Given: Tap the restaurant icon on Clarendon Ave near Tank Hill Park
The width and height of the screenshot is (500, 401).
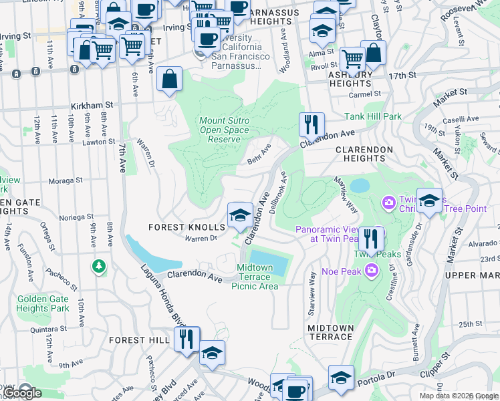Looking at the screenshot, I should point(311,124).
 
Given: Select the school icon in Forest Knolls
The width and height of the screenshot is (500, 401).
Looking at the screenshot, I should point(240,215).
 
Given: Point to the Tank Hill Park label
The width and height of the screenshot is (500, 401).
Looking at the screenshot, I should point(374,116).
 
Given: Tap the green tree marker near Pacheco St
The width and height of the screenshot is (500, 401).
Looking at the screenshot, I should point(99,267).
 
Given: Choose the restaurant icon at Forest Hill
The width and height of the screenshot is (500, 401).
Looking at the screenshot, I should point(186,338).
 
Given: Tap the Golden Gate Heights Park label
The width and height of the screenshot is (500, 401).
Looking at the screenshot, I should point(43,303).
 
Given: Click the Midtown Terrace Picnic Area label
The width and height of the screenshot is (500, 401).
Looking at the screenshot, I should point(255,277).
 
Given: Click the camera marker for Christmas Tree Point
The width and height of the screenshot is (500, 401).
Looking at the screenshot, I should point(388,202).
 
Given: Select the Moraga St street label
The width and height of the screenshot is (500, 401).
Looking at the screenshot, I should point(65,180).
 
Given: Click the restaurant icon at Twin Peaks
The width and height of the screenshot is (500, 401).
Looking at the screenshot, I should point(371,237).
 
